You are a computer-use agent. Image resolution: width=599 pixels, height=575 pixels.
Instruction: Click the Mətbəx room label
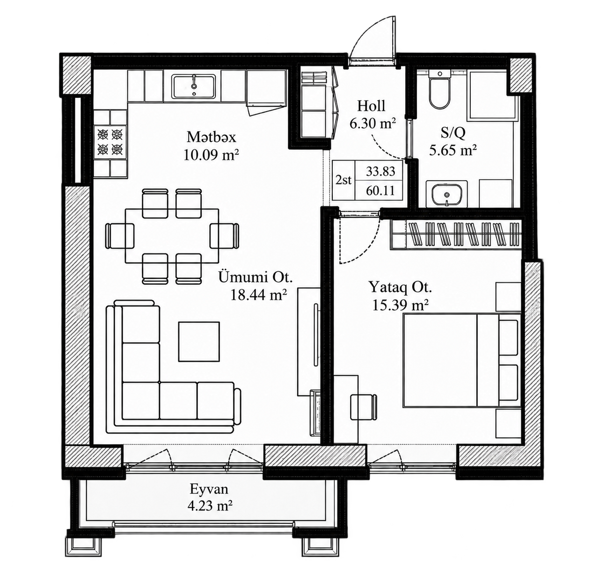tap(211, 137)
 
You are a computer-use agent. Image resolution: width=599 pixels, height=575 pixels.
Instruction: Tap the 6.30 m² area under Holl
tap(373, 123)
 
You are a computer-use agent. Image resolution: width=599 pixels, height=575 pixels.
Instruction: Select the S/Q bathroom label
tap(453, 133)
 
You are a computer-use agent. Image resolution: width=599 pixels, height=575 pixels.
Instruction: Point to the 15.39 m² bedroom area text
tap(401, 305)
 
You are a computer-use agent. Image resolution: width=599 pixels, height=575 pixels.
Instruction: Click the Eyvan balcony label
tap(209, 488)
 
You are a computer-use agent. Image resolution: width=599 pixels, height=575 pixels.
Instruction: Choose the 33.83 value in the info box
tap(380, 171)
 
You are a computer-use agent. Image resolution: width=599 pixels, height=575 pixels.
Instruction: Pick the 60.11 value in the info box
tap(380, 190)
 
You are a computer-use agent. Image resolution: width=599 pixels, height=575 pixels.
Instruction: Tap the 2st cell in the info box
tap(343, 180)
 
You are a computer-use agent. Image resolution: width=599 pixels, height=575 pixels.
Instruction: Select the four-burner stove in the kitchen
tap(110, 142)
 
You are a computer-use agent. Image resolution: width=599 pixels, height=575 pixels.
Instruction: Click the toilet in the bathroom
tap(440, 90)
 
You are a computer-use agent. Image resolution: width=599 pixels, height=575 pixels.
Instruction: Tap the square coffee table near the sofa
tap(199, 342)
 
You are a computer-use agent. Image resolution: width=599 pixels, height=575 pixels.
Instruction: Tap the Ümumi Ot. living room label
tap(255, 277)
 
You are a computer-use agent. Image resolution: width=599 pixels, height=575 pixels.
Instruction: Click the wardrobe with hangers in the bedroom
tap(456, 234)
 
